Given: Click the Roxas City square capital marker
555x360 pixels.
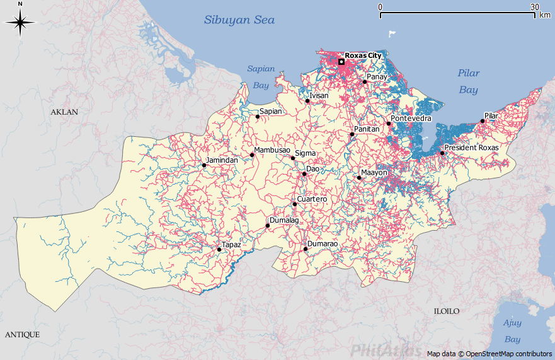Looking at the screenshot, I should [x=341, y=62].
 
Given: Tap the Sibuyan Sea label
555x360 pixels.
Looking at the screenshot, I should [x=239, y=20].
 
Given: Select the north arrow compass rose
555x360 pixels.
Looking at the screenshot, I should [x=20, y=24].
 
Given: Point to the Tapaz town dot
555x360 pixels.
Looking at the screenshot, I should [x=219, y=250].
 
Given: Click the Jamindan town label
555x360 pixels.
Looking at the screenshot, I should [x=222, y=160].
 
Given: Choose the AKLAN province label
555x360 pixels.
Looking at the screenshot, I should [x=64, y=112].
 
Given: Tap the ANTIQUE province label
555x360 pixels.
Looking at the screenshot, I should [x=22, y=334].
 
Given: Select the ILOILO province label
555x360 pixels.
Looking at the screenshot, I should [x=446, y=311].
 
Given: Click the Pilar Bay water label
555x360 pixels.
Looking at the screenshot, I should [x=468, y=81].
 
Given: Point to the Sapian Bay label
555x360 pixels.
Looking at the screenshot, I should [x=261, y=76].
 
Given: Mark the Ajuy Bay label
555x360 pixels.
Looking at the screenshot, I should [x=512, y=331].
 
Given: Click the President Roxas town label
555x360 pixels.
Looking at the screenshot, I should [x=471, y=148].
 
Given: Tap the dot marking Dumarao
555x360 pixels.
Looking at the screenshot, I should [x=306, y=249].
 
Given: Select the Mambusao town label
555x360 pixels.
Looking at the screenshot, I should [x=272, y=150].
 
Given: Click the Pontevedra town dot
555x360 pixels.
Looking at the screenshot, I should [x=389, y=124].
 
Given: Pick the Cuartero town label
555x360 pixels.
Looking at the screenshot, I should [x=312, y=199].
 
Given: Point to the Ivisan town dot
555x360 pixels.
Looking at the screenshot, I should [x=307, y=101].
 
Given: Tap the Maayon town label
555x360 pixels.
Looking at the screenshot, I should [x=374, y=172].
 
